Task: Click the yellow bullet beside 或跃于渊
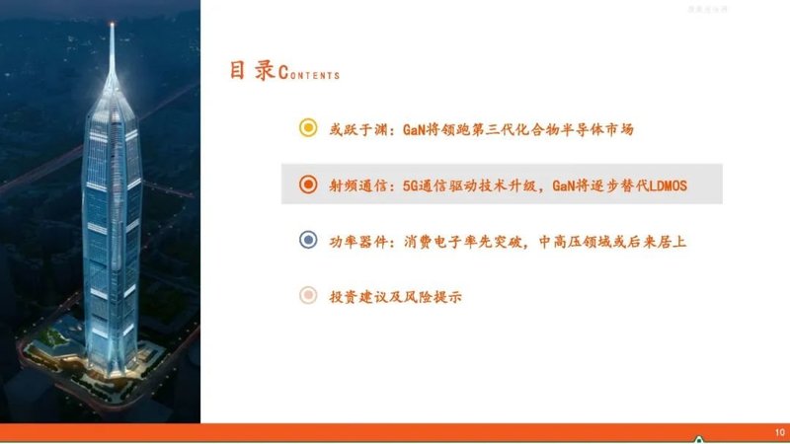tap(307, 129)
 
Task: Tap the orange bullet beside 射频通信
tap(307, 185)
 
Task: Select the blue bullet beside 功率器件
tap(307, 240)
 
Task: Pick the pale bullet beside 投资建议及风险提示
tap(307, 295)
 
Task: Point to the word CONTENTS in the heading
tap(310, 74)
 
